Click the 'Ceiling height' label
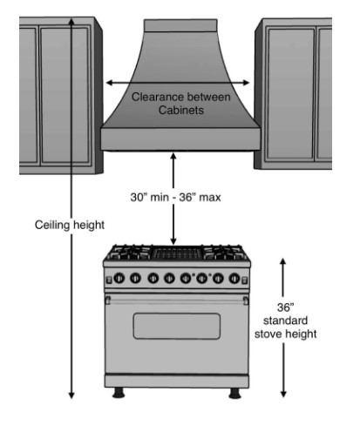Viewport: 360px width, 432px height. pos(70,225)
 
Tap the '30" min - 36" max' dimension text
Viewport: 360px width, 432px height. pos(175,198)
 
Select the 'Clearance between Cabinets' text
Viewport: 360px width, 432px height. pos(181,104)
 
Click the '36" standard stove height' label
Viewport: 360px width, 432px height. pos(285,321)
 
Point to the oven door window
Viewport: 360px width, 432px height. pos(177,326)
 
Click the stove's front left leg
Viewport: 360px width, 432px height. pos(119,393)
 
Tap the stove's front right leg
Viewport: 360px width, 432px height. pos(235,394)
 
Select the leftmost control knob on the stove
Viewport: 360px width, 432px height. pos(119,278)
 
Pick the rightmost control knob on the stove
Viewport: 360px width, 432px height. pos(234,278)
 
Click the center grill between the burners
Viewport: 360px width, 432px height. pos(177,253)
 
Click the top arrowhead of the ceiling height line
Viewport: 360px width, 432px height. pos(71,21)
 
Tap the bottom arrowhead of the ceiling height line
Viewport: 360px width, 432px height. pos(71,395)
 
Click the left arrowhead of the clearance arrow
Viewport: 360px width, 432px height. pos(109,83)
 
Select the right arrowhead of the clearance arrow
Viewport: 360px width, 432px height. pos(246,83)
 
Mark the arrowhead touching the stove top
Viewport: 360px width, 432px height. pos(173,241)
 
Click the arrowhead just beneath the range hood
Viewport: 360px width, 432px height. pos(173,156)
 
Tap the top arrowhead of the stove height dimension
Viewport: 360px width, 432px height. pos(282,261)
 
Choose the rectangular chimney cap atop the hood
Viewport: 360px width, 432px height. pos(180,25)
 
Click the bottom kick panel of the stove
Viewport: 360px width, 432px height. pos(177,381)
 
